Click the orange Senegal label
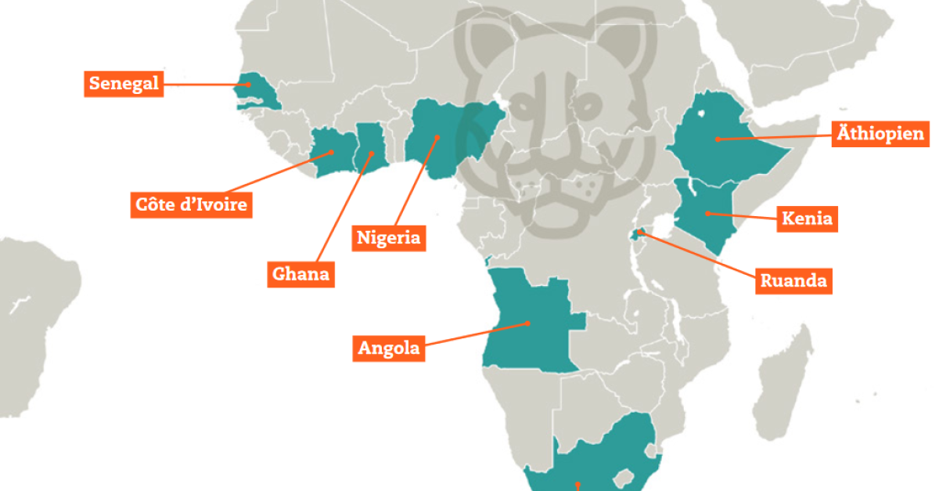coord(124,84)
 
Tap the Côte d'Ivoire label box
coord(191,205)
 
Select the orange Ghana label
coord(300,274)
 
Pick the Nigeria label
coord(389,237)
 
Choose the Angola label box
coord(389,348)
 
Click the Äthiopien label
coord(880,132)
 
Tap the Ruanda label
coord(793,280)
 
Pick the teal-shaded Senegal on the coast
coord(258,90)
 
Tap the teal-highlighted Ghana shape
coord(370,149)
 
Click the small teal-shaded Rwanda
coord(641,232)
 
